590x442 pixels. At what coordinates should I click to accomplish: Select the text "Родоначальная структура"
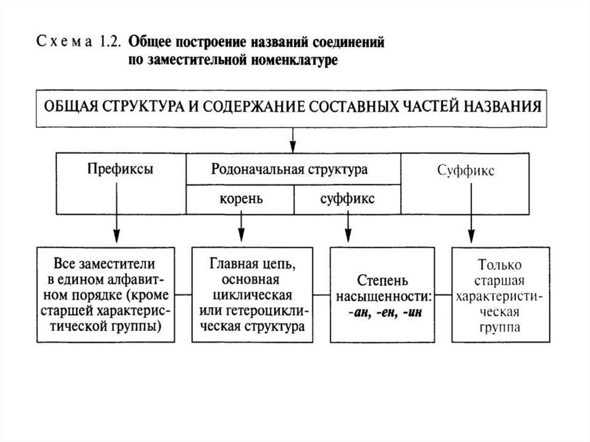click(289, 170)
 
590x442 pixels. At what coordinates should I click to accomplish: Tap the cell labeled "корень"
click(241, 199)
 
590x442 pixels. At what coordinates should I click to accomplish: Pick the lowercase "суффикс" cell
click(347, 199)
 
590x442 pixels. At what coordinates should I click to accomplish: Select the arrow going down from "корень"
click(241, 228)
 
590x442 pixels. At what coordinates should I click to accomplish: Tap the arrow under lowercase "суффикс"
click(347, 228)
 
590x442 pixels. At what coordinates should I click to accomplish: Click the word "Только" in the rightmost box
click(500, 265)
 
